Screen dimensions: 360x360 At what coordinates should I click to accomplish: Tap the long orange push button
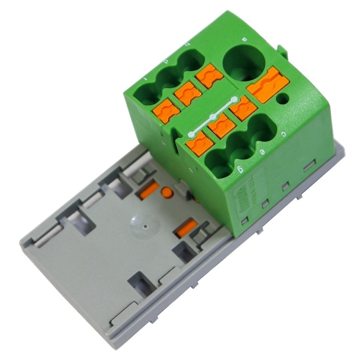coord(268,84)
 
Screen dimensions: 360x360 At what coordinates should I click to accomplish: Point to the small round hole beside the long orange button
coord(283,98)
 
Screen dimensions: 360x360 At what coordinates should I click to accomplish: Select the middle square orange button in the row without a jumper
coord(188,93)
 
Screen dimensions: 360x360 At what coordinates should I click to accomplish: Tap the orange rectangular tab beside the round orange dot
coord(149,190)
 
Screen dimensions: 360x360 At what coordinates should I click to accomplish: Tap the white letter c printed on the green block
coord(283,133)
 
